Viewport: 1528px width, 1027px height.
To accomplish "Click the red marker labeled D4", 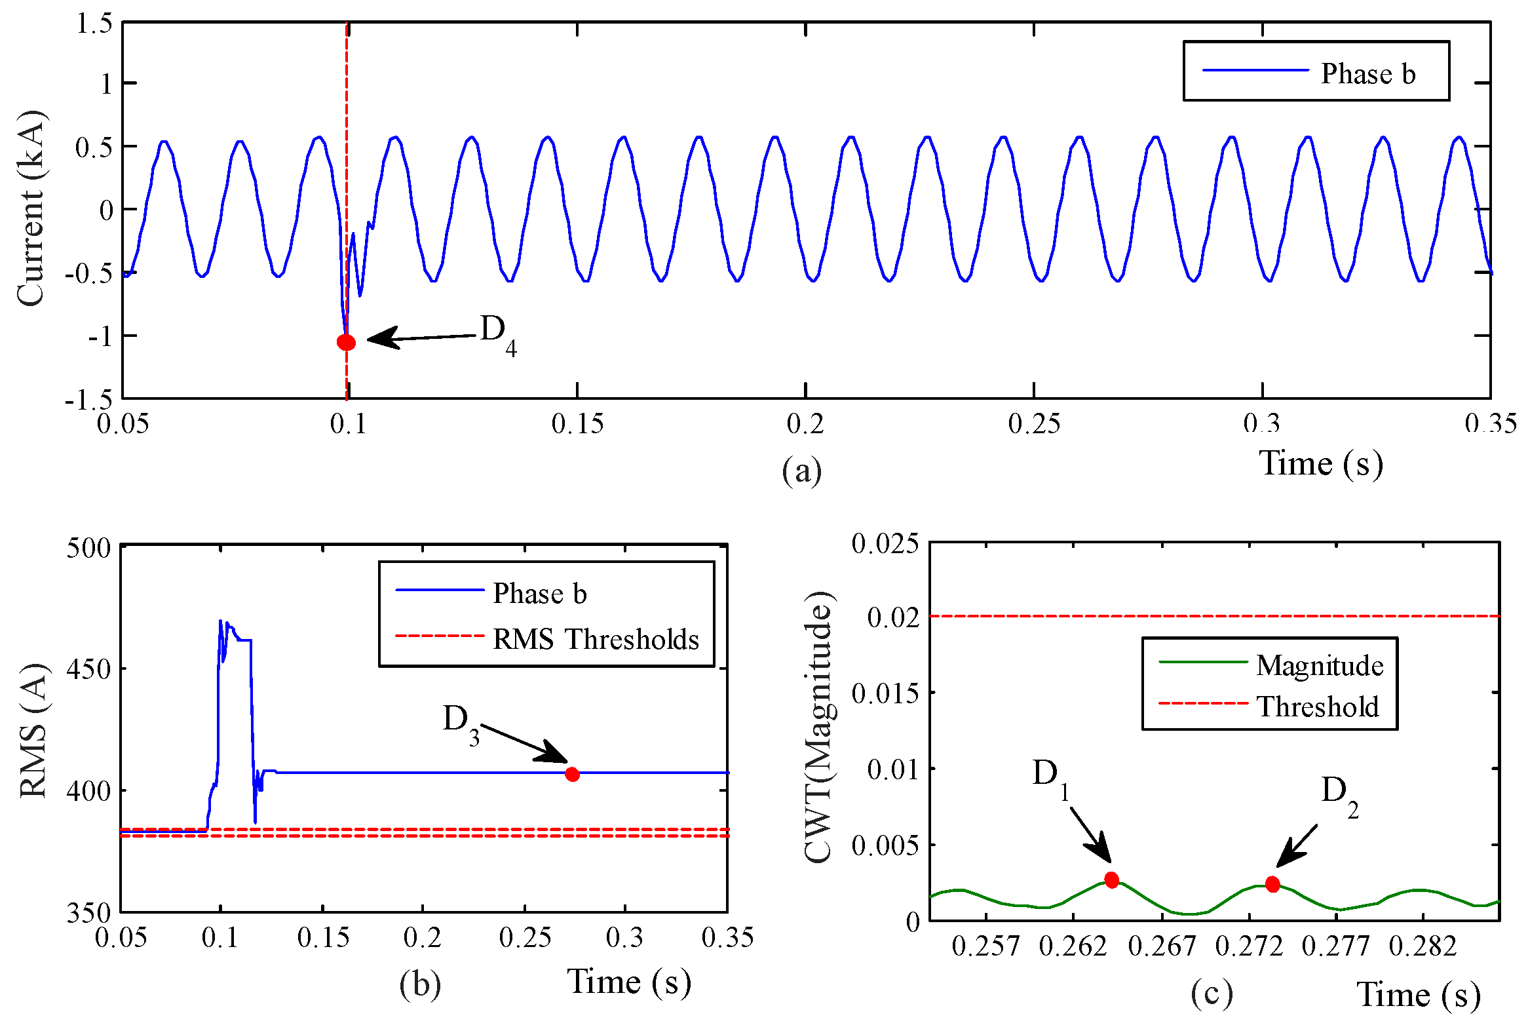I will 346,342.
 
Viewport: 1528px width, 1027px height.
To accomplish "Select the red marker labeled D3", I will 572,774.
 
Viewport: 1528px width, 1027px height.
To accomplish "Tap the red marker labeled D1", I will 1111,880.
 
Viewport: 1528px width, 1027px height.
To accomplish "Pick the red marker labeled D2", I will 1272,884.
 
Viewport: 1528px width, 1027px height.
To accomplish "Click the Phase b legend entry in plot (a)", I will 1367,73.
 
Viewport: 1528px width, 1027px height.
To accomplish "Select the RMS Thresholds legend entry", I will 595,639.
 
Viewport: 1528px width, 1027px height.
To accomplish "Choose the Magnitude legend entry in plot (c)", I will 1319,666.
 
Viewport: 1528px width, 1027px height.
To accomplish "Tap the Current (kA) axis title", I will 31,208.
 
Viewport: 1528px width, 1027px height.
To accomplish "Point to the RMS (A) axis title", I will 33,730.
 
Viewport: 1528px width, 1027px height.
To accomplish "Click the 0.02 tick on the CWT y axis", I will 892,617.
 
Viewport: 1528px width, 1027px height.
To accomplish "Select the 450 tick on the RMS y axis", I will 88,669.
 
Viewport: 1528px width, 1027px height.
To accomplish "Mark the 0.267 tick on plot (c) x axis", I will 1162,946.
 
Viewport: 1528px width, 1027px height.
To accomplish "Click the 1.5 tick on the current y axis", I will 94,24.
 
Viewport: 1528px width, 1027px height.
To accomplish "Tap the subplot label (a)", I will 801,471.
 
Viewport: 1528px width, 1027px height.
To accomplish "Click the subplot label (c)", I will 1212,993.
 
